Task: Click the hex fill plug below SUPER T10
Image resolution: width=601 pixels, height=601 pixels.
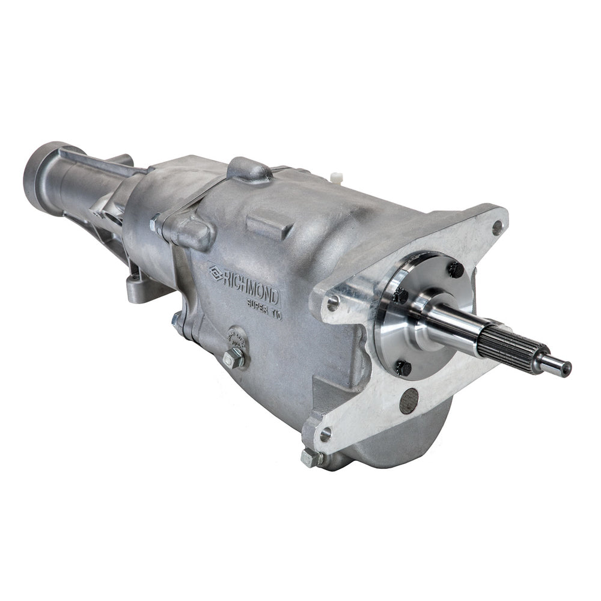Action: pyautogui.click(x=234, y=359)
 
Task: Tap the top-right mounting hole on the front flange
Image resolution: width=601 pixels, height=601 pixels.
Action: pyautogui.click(x=496, y=227)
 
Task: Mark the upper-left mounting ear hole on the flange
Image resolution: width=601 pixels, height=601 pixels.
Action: pyautogui.click(x=332, y=304)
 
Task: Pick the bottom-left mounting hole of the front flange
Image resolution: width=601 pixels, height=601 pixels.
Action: pyautogui.click(x=325, y=433)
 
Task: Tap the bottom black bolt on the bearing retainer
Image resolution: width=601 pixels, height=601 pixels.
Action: pyautogui.click(x=404, y=367)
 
